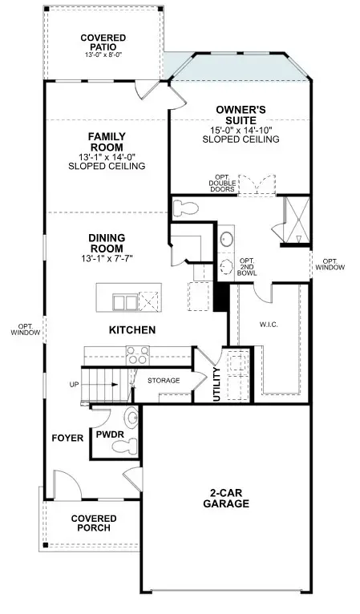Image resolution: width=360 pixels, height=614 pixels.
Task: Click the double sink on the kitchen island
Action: point(124,301)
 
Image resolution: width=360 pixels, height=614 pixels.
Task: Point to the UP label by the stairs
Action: point(74,385)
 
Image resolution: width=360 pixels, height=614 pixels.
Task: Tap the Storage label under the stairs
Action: point(164,380)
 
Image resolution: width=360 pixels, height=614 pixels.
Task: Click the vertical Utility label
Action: point(216,385)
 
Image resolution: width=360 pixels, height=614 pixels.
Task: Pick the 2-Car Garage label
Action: point(226,499)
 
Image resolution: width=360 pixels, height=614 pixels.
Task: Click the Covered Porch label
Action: point(90,523)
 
